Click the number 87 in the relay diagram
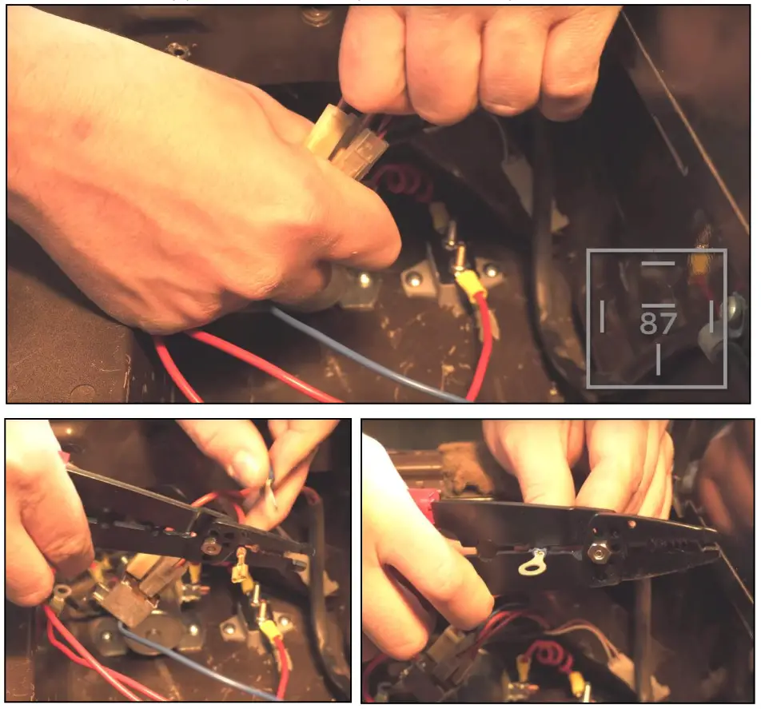(x=658, y=323)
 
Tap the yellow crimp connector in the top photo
(x=469, y=281)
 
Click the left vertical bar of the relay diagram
(x=602, y=317)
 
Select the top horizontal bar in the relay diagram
(x=658, y=263)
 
